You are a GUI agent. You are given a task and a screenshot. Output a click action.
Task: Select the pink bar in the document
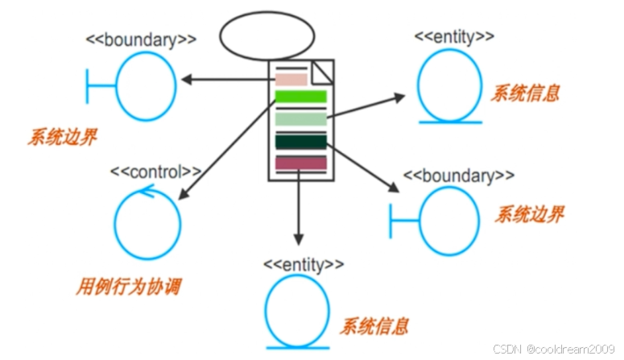click(291, 79)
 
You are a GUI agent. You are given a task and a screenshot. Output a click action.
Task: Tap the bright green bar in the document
click(300, 97)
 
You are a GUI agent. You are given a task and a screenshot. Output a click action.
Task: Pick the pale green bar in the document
click(300, 119)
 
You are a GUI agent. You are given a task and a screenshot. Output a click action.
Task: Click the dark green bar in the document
click(300, 141)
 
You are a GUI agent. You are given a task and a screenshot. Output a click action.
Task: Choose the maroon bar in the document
click(300, 163)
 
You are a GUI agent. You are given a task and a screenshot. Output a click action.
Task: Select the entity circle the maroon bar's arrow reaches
click(297, 310)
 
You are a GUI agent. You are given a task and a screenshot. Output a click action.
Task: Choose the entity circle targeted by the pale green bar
click(449, 87)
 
